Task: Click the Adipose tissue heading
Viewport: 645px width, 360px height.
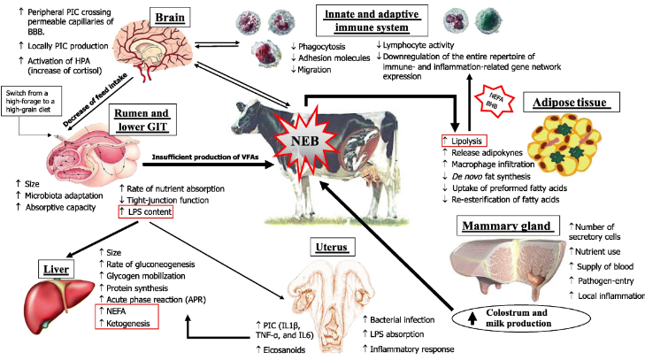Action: (x=570, y=103)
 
